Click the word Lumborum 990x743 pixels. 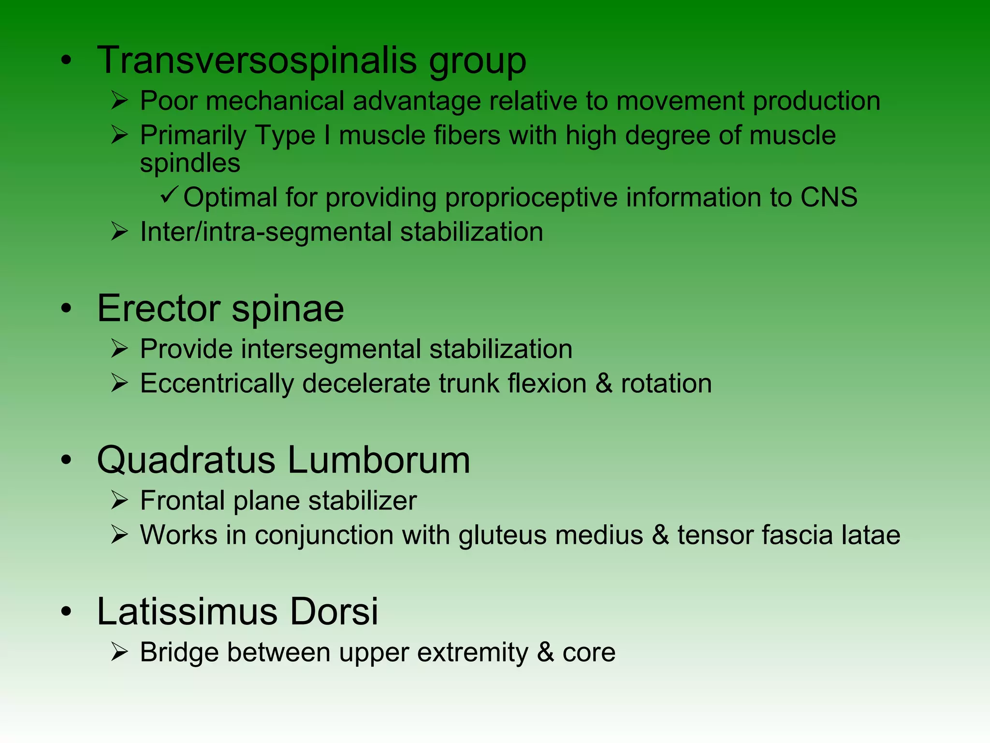(x=379, y=460)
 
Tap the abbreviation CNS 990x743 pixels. (x=829, y=197)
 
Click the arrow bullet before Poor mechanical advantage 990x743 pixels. (x=119, y=101)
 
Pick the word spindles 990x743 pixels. (x=190, y=163)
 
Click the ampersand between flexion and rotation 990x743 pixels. (x=604, y=384)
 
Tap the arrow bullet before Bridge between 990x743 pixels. (x=119, y=652)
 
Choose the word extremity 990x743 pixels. (x=473, y=653)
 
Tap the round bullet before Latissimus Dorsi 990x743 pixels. (x=66, y=611)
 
